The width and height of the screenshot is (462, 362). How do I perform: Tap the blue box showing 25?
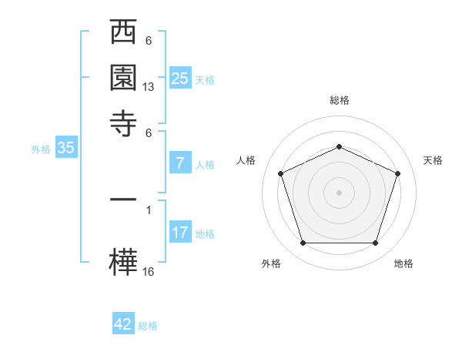(179, 78)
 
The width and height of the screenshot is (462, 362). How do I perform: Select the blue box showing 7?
(179, 163)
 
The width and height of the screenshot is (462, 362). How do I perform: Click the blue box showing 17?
(179, 232)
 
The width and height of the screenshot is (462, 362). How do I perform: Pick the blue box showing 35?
(65, 148)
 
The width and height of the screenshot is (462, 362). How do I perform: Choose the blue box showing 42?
(123, 324)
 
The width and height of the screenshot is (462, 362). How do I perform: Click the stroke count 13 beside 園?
(149, 88)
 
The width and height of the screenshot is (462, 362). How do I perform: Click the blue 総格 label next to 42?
(148, 326)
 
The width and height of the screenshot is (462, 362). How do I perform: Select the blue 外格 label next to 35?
(41, 149)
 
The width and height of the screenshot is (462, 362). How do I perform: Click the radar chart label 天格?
(433, 160)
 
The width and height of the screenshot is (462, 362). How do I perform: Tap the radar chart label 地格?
(403, 263)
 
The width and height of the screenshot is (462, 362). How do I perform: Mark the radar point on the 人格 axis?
(280, 173)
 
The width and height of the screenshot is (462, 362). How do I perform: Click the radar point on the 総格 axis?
(339, 146)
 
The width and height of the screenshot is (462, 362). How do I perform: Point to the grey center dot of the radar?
(339, 192)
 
